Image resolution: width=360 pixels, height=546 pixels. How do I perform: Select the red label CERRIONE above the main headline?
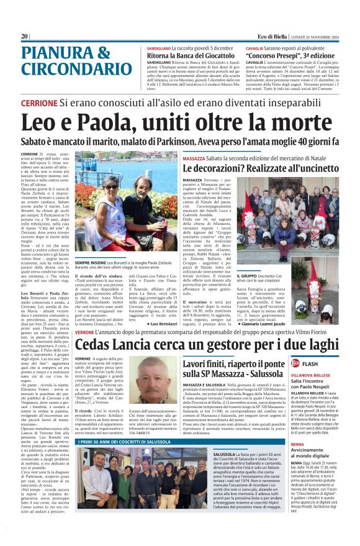(40, 103)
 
